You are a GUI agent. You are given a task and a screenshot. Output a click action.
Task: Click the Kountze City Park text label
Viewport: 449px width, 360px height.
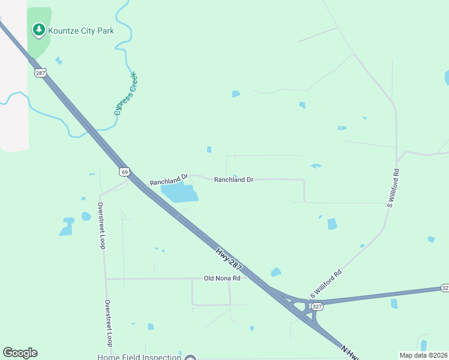pos(82,30)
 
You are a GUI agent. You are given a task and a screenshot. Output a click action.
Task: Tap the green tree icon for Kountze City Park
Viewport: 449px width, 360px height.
pos(39,29)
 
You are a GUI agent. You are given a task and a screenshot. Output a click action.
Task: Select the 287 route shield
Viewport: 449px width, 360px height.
pos(40,73)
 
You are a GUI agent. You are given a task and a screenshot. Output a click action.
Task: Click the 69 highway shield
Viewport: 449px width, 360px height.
pos(124,172)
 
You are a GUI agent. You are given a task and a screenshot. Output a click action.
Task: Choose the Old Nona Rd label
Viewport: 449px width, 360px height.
pos(222,278)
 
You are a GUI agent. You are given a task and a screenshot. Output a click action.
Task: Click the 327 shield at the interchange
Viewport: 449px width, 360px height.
pos(318,307)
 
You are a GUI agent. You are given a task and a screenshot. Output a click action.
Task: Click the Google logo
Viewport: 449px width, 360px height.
pos(20,353)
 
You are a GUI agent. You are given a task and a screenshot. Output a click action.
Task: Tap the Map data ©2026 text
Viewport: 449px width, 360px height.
pos(424,355)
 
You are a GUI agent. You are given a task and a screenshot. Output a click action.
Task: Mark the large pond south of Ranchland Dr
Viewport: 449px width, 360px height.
pos(179,193)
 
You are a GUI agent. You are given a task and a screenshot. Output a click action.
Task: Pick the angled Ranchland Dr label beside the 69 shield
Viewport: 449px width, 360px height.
pos(169,179)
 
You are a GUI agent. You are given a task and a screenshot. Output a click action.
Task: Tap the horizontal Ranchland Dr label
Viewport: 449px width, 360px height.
pos(234,179)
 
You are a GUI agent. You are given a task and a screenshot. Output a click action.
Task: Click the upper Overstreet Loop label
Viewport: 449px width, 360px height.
pos(101,226)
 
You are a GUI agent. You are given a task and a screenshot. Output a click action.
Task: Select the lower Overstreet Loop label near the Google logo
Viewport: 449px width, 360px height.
pos(108,323)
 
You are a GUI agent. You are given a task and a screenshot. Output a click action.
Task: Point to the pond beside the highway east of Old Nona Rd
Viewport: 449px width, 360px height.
pos(276,272)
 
